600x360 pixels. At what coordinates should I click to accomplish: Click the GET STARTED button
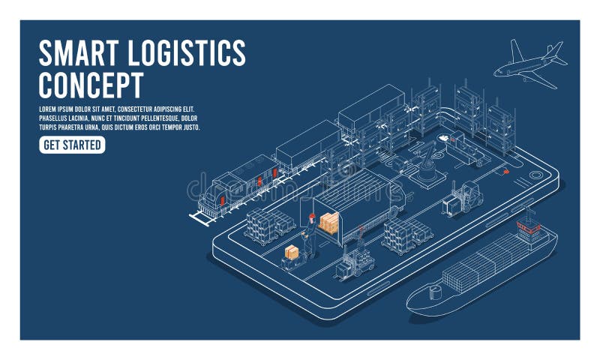click(x=72, y=145)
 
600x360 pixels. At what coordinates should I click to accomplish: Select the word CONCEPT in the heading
click(x=91, y=85)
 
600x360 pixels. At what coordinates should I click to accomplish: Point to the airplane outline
click(x=528, y=65)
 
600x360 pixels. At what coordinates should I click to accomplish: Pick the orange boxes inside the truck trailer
click(x=329, y=221)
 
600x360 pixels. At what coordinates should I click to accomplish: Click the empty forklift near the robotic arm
click(x=460, y=199)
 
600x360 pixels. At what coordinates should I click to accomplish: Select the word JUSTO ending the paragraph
click(x=190, y=127)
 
